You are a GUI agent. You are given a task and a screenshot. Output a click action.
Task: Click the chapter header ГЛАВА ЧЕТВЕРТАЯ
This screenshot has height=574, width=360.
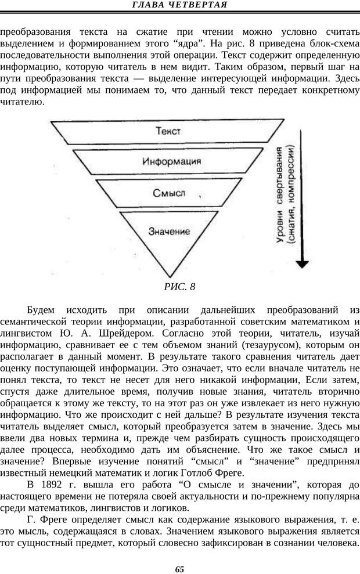[x=179, y=5]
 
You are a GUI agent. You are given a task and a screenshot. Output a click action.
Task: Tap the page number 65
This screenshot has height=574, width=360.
[x=179, y=568]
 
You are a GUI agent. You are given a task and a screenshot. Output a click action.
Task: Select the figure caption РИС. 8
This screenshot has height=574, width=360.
[x=179, y=286]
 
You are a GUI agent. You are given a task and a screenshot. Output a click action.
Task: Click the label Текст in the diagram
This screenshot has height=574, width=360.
[x=169, y=132]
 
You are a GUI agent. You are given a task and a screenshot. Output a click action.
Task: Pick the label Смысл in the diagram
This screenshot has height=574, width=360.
[x=170, y=193]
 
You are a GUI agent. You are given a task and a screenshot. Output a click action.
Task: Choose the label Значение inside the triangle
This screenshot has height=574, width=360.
[x=169, y=230]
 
